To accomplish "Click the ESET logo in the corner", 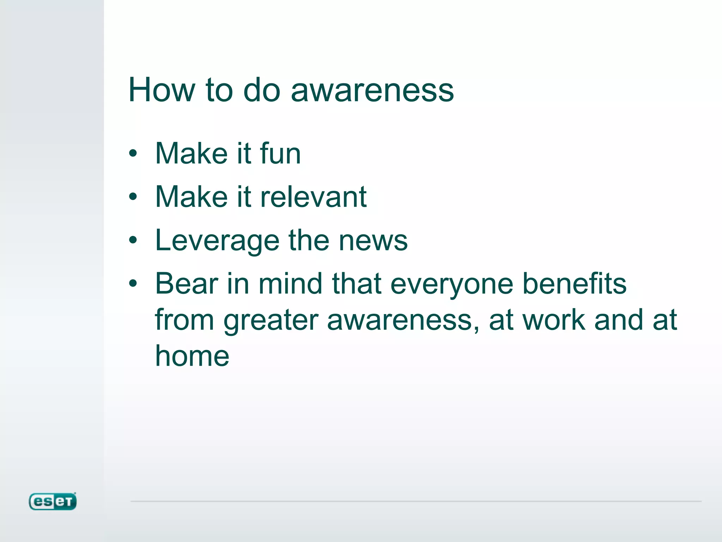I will point(53,501).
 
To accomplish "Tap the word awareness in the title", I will point(372,91).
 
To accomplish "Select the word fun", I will point(280,153).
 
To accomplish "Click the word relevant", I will point(313,197).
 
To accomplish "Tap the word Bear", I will point(186,284).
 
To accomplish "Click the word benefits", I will point(574,284).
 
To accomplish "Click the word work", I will point(553,320).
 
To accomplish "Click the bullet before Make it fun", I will point(133,153).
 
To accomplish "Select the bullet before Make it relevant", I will point(133,197).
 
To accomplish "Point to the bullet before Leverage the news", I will point(133,241).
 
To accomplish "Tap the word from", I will point(184,320).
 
